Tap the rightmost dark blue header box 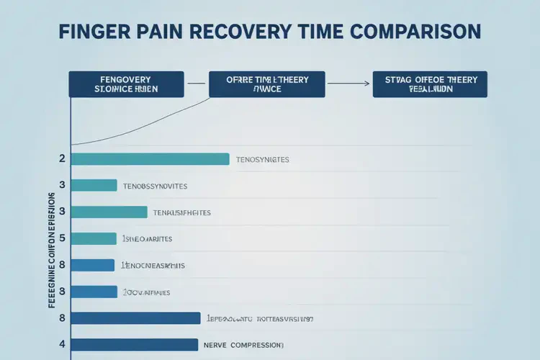[430, 84]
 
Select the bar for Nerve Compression [134, 345]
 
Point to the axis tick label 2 [62, 159]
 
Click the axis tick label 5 [62, 238]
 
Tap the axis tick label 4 [62, 344]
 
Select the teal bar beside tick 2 [150, 159]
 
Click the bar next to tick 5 [94, 238]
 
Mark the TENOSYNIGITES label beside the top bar [262, 160]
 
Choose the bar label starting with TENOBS [155, 186]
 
